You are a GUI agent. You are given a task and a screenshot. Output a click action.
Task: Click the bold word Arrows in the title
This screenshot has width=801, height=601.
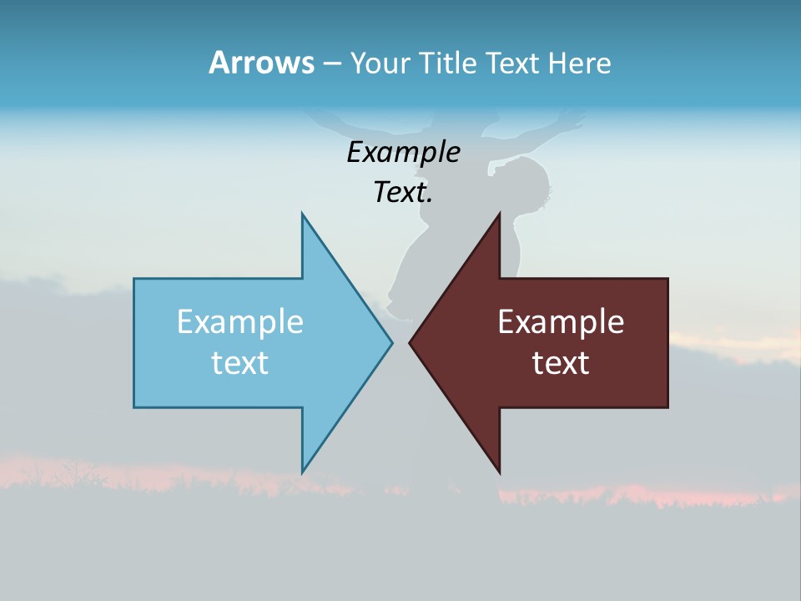261,63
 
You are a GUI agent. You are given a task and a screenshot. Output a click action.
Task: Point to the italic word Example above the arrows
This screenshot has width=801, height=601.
403,152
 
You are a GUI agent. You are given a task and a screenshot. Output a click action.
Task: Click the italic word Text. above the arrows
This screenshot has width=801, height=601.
403,193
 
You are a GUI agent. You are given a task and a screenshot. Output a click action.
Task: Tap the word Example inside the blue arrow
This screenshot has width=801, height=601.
240,321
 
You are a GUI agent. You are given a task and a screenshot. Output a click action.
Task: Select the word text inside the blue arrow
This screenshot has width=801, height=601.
240,362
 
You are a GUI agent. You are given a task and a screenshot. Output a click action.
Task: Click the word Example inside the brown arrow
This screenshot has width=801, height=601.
561,321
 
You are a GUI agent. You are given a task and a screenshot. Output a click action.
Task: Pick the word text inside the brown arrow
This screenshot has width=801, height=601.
561,362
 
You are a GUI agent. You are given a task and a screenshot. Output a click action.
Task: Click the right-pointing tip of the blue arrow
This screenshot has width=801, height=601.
391,341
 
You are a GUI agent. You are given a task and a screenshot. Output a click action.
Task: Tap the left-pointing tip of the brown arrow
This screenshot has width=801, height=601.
411,341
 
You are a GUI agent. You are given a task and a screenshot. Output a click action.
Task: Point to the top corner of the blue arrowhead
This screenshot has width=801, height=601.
302,215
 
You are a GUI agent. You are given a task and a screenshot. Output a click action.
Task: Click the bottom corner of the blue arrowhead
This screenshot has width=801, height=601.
302,472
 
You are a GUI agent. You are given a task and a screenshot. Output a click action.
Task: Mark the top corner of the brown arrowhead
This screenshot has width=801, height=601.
499,215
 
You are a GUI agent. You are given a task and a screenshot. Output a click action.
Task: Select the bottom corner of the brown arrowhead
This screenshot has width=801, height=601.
499,472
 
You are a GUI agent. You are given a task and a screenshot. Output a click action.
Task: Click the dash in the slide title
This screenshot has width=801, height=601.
331,63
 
